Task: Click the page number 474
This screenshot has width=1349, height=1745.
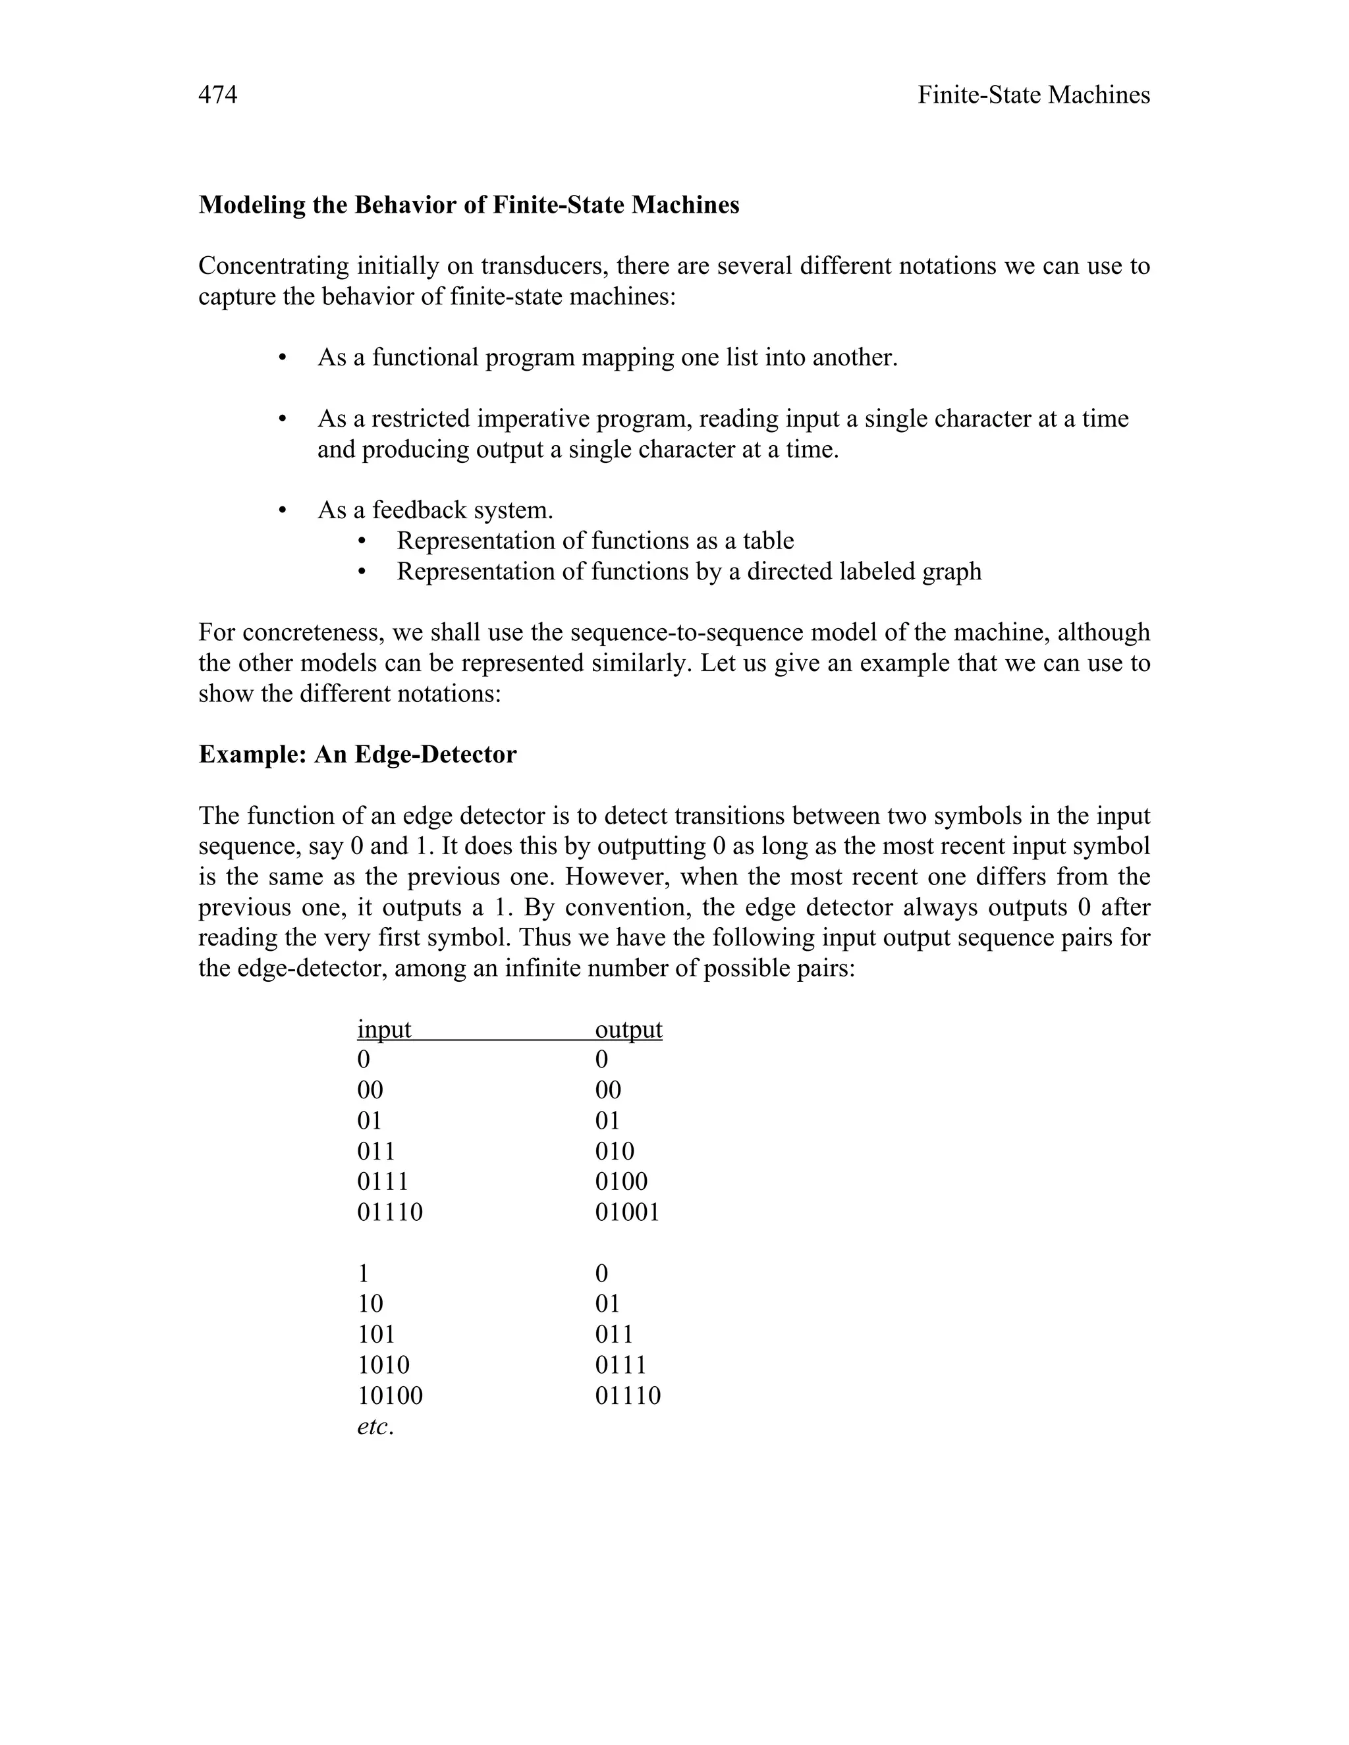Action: click(x=217, y=95)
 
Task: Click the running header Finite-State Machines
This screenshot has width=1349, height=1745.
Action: click(x=1033, y=95)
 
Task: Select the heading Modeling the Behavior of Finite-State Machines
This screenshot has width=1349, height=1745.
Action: click(x=468, y=205)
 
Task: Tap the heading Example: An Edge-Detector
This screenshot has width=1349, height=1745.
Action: click(x=357, y=754)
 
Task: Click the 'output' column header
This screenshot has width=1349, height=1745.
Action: click(x=628, y=1029)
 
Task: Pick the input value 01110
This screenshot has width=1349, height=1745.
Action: click(x=390, y=1212)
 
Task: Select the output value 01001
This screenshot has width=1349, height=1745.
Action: click(x=627, y=1212)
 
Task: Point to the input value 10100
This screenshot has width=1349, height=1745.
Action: click(x=390, y=1396)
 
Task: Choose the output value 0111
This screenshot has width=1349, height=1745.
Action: click(x=620, y=1364)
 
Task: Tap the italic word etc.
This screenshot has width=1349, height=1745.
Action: click(x=375, y=1426)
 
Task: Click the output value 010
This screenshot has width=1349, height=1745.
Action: click(x=615, y=1151)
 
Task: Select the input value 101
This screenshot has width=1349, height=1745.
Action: click(x=375, y=1334)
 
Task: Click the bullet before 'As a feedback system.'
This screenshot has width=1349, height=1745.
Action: click(x=282, y=510)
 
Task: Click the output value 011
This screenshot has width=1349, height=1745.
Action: click(x=614, y=1334)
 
